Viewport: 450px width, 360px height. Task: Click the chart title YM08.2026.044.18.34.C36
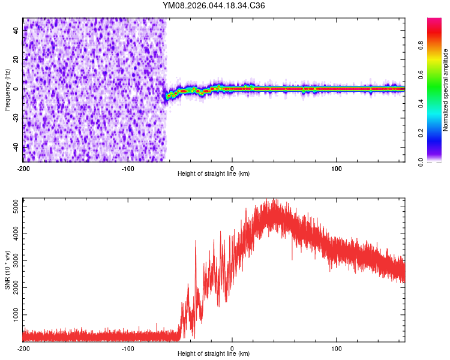[214, 6]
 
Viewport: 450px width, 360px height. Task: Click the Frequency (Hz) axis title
[8, 89]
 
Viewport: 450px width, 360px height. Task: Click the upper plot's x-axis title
[214, 173]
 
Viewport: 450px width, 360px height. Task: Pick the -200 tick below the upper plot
[23, 168]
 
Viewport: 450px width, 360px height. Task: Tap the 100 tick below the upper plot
[337, 168]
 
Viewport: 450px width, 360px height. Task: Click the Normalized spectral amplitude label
[446, 90]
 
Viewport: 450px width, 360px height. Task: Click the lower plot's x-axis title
[214, 354]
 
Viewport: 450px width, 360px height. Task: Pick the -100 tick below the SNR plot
[127, 349]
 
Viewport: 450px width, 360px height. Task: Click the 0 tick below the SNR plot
[232, 349]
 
